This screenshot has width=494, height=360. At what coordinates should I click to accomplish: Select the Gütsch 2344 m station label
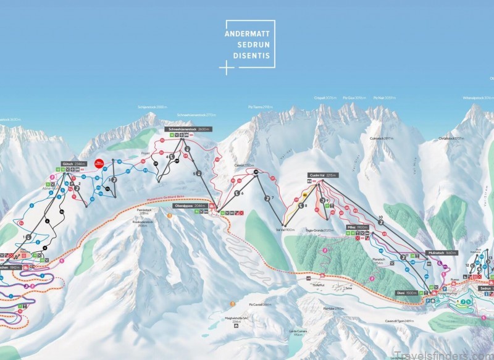(69, 164)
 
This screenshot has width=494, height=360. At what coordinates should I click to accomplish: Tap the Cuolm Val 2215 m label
(324, 175)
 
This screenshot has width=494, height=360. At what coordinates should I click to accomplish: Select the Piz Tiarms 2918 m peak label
(260, 107)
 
